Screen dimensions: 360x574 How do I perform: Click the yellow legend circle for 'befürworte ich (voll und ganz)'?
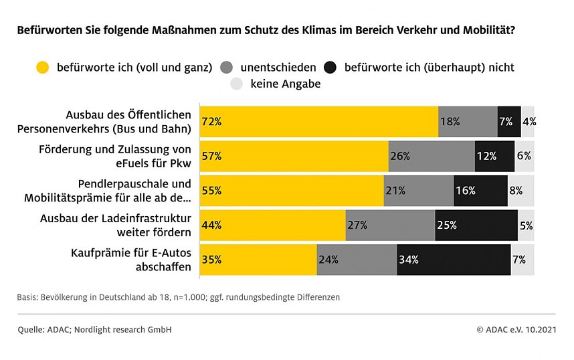click(43, 67)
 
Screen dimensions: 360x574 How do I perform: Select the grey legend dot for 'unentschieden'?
click(226, 67)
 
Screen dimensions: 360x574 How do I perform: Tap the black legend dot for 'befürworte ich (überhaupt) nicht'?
click(330, 67)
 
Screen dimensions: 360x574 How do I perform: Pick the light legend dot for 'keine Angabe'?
click(236, 84)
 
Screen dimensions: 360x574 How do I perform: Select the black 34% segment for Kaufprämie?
click(454, 260)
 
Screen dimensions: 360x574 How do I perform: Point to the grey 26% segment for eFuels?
click(432, 156)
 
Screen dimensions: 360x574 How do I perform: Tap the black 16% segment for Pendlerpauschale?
click(480, 191)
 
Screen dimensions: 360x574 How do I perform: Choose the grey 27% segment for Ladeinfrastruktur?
click(390, 225)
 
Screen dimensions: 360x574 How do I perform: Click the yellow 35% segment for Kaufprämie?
click(258, 260)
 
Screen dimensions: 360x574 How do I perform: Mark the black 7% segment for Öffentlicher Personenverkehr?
click(508, 122)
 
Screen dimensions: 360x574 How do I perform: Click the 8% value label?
click(516, 191)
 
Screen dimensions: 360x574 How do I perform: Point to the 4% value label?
click(529, 122)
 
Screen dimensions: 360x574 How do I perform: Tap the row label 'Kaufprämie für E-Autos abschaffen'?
click(131, 260)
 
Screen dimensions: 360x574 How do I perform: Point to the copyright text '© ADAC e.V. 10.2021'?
click(516, 330)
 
